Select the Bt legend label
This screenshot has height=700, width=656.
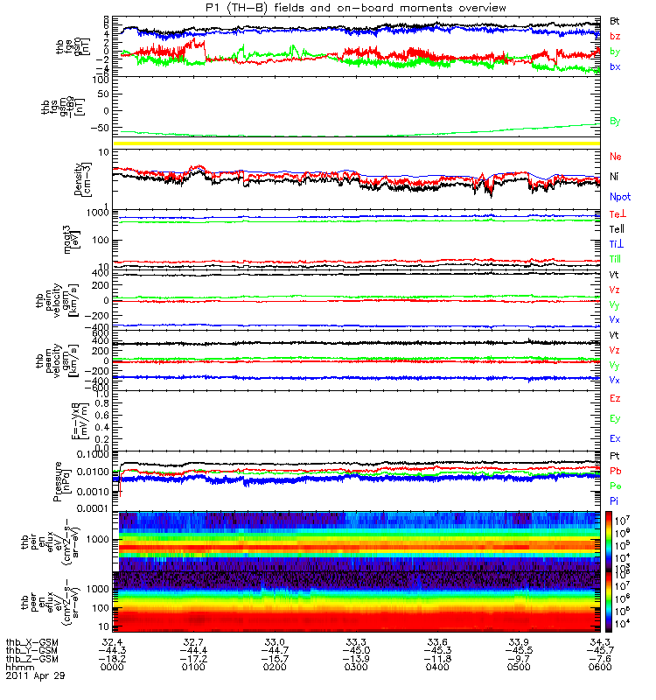pyautogui.click(x=614, y=20)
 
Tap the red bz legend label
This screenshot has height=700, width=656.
pyautogui.click(x=614, y=36)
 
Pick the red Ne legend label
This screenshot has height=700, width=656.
pyautogui.click(x=615, y=156)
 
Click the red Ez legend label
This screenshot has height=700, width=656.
pyautogui.click(x=614, y=398)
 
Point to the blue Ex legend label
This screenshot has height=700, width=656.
pyautogui.click(x=614, y=438)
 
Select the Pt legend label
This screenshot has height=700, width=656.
pyautogui.click(x=614, y=457)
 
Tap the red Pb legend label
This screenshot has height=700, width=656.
pyautogui.click(x=614, y=471)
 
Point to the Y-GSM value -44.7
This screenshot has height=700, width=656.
pyautogui.click(x=278, y=651)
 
